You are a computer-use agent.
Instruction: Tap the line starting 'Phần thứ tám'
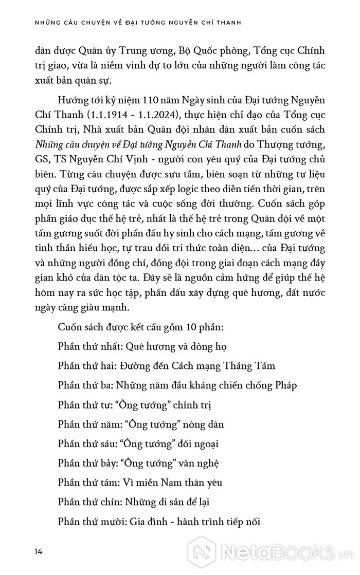coord(140,483)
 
